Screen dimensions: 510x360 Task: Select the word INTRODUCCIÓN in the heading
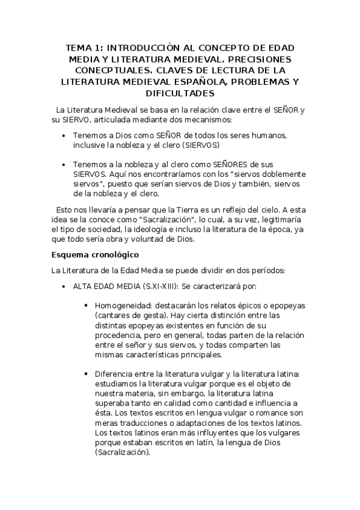coord(143,48)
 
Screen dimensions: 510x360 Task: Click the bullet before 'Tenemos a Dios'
coord(64,137)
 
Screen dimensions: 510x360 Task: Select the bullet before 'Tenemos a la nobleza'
coord(64,164)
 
